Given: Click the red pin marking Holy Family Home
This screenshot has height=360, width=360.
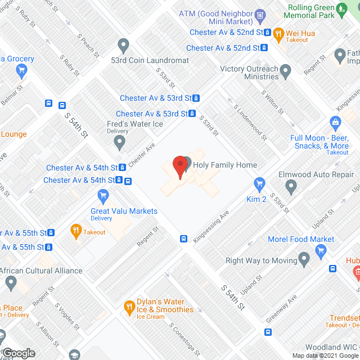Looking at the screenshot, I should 179,166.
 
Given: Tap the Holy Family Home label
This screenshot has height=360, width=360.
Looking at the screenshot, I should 224,165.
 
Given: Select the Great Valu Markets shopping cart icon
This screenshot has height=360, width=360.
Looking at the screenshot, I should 102,196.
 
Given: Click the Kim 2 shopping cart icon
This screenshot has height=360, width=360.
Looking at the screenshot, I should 259,183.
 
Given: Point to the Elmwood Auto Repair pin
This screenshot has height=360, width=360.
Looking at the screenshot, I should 291,186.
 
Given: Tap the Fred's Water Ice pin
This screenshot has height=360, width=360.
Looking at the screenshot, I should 119,143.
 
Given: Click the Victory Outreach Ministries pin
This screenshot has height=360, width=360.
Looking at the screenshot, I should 286,71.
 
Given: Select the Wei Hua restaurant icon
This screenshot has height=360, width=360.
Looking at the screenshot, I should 278,34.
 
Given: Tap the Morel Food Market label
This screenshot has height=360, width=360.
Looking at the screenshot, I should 301,239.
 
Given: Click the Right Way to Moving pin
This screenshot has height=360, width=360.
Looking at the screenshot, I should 304,259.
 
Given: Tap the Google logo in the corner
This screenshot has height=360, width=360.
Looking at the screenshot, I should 18,353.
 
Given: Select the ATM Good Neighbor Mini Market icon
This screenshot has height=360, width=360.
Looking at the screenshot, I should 259,14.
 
